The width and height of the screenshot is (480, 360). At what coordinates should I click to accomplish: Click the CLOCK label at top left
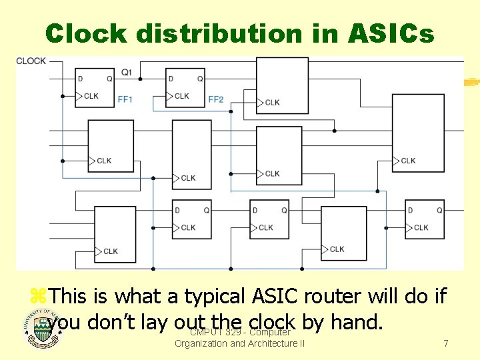coord(31,61)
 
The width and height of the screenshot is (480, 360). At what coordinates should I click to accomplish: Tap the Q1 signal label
coord(126,71)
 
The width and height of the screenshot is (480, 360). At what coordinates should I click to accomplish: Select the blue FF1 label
coord(125,99)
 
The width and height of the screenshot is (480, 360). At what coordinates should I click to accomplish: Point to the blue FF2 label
coord(215,99)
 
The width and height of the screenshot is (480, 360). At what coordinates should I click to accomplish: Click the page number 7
coord(445,343)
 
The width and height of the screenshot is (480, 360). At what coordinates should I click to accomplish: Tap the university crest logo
coord(43,331)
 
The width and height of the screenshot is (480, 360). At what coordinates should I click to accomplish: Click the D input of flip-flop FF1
coord(81,79)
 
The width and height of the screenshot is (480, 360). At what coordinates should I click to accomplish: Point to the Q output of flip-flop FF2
coord(200,79)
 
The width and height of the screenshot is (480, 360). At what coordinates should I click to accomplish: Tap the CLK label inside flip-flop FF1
coord(91,96)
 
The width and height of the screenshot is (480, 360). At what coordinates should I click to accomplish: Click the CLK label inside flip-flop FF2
coord(181,96)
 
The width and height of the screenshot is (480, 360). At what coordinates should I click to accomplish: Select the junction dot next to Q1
coord(140,79)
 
